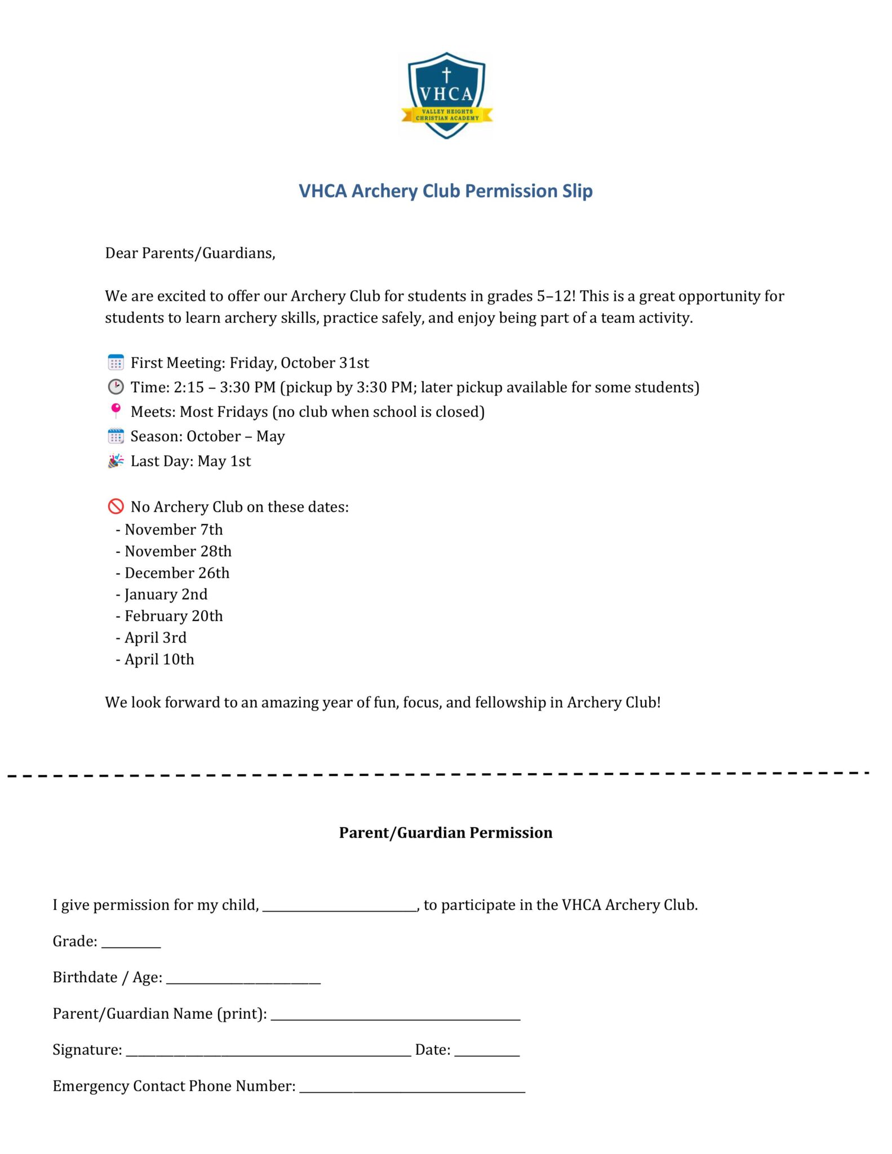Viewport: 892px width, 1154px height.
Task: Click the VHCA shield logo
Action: [446, 95]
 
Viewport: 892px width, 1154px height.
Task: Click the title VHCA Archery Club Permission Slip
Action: [445, 191]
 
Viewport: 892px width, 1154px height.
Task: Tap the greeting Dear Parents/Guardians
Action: [190, 253]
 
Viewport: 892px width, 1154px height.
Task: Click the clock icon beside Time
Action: [116, 387]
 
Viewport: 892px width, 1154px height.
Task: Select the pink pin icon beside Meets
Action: [116, 411]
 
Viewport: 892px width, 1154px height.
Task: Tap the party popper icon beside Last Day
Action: [116, 461]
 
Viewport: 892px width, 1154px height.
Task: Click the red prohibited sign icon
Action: [116, 507]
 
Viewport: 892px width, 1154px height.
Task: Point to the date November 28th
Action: [177, 551]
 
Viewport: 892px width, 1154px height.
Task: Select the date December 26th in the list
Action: [177, 573]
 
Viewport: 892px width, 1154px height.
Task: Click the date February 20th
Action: [174, 616]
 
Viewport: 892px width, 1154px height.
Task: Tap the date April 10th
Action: [159, 659]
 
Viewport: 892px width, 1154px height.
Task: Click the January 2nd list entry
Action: [166, 594]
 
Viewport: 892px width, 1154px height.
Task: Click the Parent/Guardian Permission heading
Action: [446, 833]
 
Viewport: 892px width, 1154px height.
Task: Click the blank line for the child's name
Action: [340, 906]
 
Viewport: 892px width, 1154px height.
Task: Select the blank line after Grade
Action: [131, 943]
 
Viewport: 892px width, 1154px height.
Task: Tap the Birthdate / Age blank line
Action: [243, 979]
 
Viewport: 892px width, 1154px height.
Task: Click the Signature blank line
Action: [268, 1051]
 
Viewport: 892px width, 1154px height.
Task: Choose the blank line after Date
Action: [487, 1051]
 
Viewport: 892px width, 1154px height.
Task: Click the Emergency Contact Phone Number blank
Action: [412, 1088]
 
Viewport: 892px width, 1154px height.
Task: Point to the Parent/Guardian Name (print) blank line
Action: [396, 1015]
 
